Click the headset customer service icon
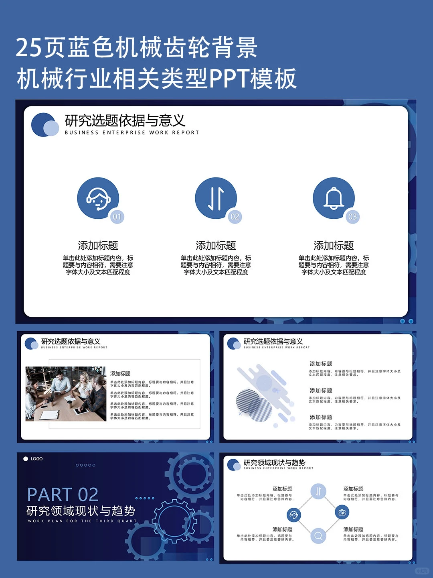(x=98, y=198)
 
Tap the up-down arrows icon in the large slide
(x=216, y=198)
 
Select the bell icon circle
(x=334, y=198)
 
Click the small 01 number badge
(x=117, y=217)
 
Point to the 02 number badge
(x=235, y=217)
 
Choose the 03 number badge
(x=353, y=217)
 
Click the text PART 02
(x=63, y=495)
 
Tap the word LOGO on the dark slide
(x=36, y=459)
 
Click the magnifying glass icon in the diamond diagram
(x=318, y=535)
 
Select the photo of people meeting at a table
(x=66, y=393)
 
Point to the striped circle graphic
(x=248, y=402)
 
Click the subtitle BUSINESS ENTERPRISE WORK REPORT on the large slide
(x=132, y=132)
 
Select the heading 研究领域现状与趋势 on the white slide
(x=274, y=462)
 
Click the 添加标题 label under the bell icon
(x=334, y=245)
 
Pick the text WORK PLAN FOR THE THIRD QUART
(x=82, y=521)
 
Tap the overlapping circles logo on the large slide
(x=45, y=125)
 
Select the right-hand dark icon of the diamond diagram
(x=342, y=512)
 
